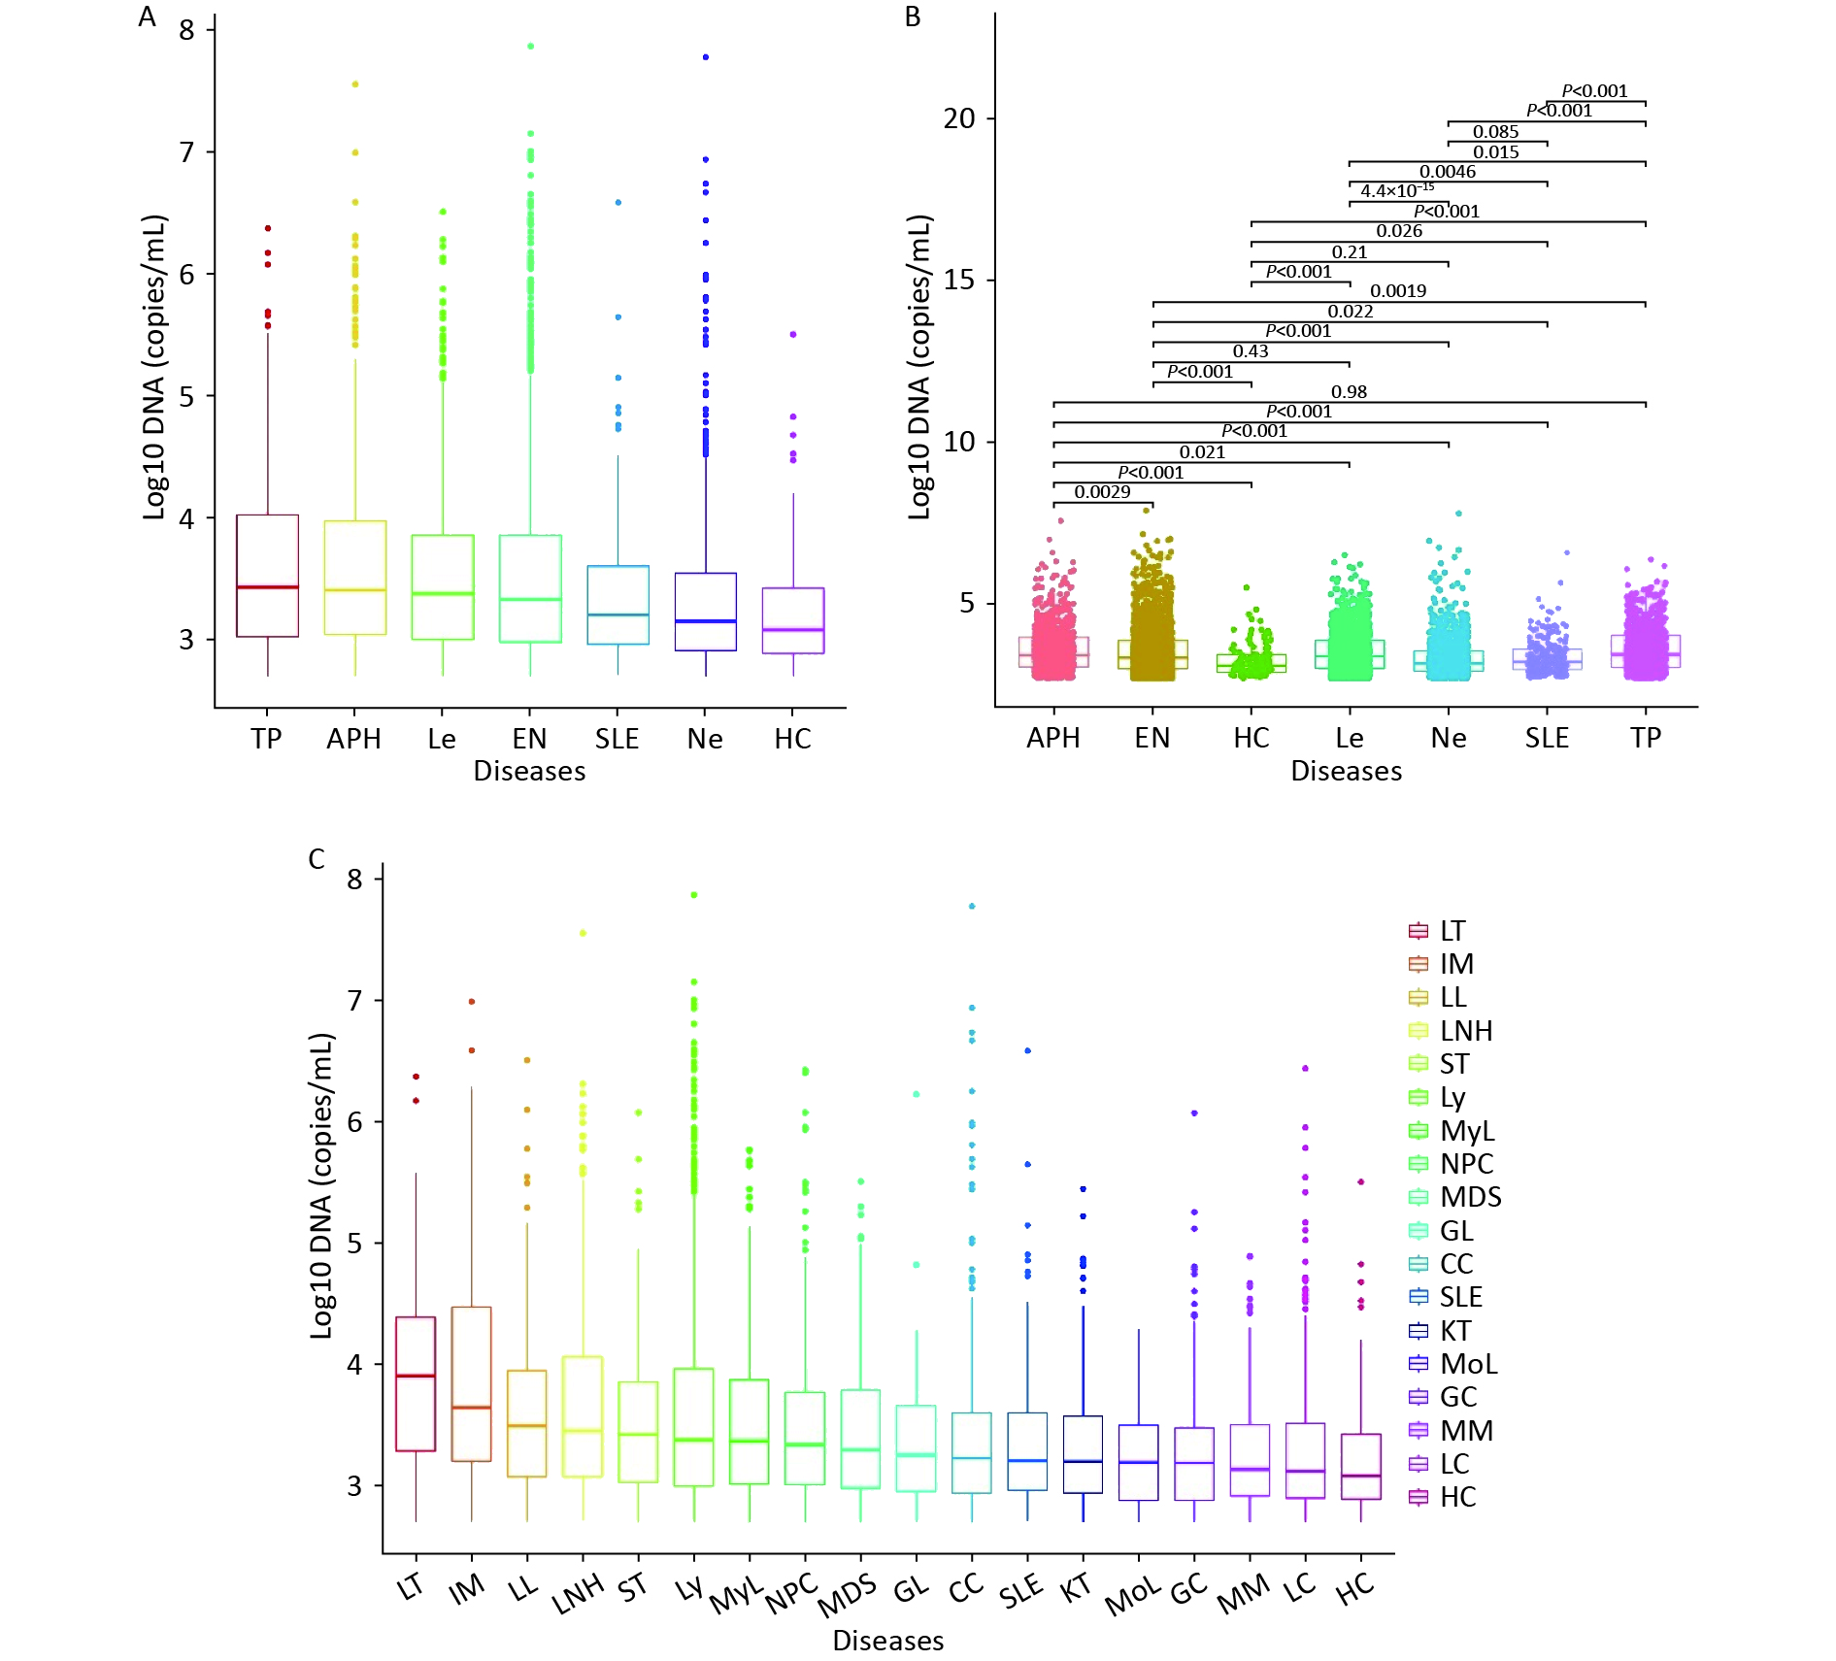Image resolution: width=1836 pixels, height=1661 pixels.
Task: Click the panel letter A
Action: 148,17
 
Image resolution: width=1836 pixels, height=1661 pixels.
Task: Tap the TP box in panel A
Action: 267,575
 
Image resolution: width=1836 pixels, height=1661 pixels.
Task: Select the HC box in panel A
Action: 793,620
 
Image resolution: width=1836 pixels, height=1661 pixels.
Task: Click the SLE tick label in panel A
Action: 618,739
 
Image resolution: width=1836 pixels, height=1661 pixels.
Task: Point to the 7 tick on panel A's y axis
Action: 187,152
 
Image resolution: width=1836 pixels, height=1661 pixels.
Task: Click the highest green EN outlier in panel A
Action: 530,46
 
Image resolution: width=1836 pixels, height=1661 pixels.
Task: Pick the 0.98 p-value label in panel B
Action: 1349,392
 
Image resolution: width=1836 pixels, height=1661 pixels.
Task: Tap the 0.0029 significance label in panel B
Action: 1102,492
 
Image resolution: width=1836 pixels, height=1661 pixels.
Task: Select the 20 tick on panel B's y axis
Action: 959,118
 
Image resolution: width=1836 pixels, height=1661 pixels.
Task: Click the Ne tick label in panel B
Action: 1449,738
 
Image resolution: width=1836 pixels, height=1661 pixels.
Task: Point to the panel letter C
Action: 317,859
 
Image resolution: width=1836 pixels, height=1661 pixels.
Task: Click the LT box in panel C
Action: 416,1383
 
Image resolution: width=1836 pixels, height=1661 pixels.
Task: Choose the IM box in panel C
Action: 472,1383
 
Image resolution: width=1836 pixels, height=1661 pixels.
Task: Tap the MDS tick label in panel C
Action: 847,1597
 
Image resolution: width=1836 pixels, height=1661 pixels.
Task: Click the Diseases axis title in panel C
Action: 887,1641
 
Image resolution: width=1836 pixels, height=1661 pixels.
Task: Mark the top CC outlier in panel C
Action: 972,906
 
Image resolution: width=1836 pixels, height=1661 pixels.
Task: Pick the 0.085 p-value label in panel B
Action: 1495,132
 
